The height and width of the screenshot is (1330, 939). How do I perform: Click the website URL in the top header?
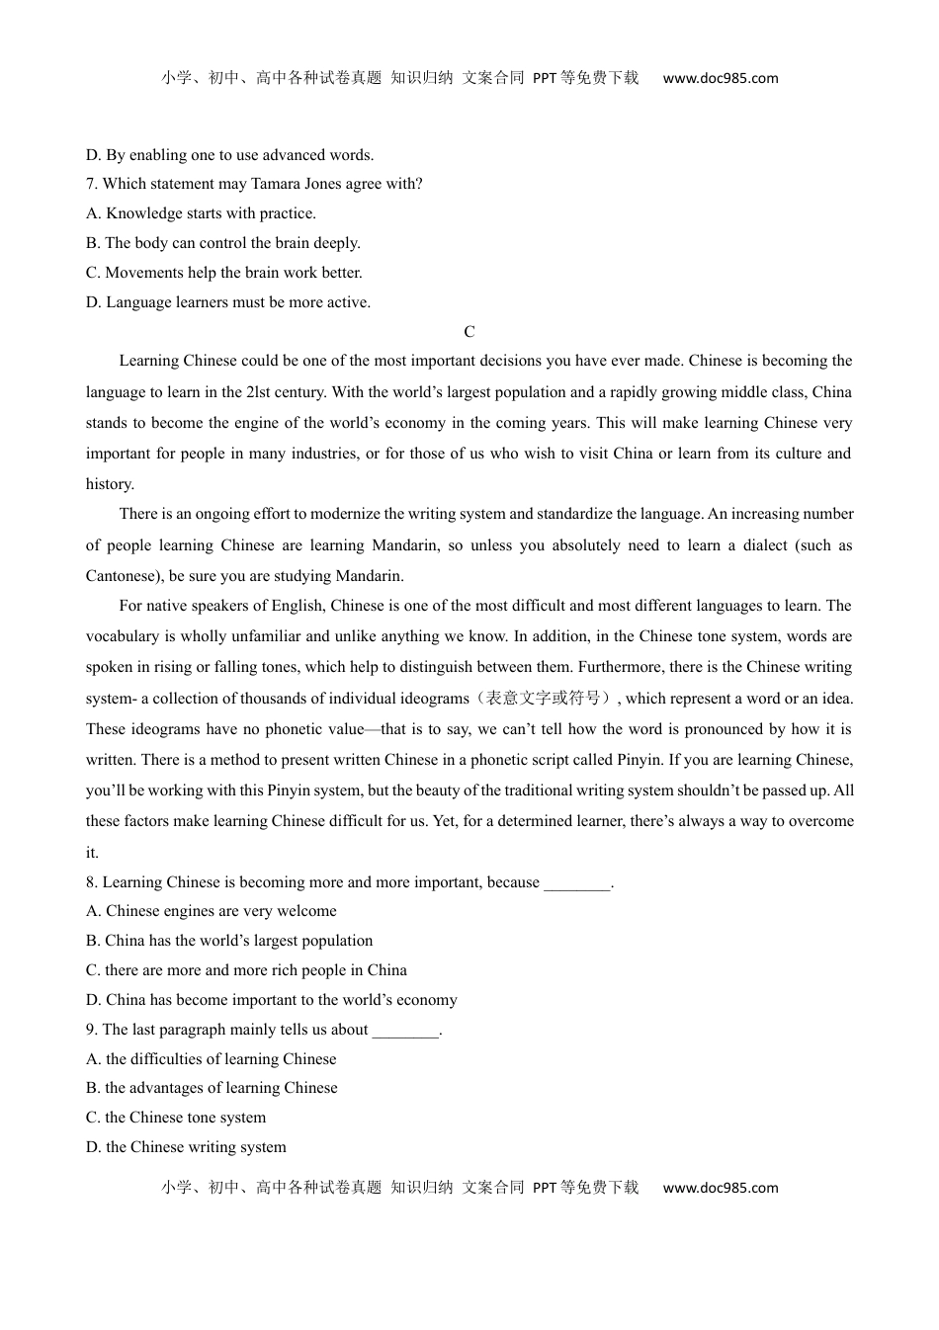(x=720, y=78)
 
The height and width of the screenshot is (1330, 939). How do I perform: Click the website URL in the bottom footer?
(x=720, y=1188)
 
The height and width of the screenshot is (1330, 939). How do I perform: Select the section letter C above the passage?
(x=469, y=332)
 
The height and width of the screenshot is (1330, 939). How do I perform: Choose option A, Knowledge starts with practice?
(x=201, y=213)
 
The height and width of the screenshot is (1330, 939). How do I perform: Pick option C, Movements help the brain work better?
(x=223, y=273)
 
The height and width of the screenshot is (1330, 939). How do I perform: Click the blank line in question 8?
(x=577, y=882)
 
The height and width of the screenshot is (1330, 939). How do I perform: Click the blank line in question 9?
(x=405, y=1030)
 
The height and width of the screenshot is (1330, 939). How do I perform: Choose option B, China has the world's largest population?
(x=229, y=941)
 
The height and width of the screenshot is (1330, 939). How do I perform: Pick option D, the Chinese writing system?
(x=186, y=1147)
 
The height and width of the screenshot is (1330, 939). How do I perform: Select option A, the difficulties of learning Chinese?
(x=211, y=1059)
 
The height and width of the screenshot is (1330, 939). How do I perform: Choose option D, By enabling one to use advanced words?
(x=229, y=155)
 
